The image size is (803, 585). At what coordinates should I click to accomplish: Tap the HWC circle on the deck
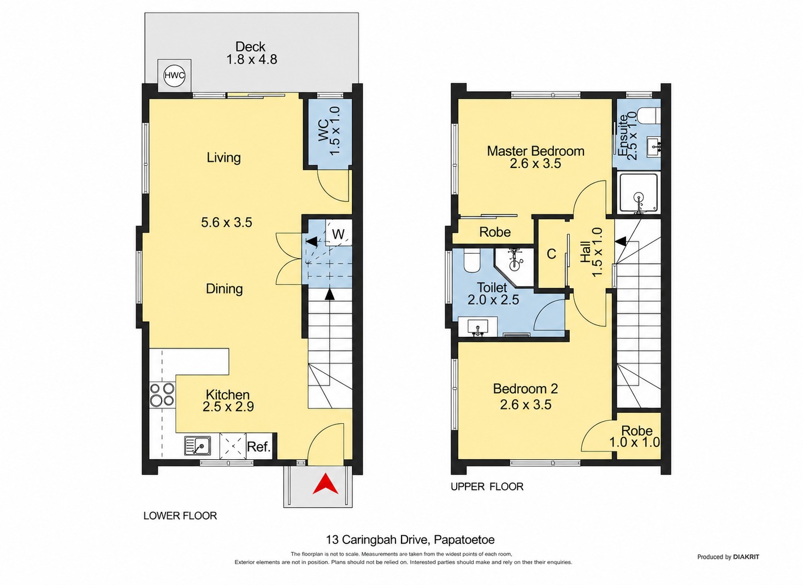tap(175, 76)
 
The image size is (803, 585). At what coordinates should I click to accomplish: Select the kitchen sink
tap(198, 446)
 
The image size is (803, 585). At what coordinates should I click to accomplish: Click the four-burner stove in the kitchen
tap(162, 394)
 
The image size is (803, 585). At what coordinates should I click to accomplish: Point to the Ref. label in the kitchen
tap(259, 447)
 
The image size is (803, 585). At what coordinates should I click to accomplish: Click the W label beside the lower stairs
tap(338, 235)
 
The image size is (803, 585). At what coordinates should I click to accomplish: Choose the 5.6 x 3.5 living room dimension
tap(227, 223)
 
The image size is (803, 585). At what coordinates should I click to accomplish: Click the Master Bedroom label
tap(535, 151)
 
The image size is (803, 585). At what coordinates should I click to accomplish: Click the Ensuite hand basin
tap(654, 147)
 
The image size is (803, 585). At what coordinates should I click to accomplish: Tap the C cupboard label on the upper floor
tap(551, 254)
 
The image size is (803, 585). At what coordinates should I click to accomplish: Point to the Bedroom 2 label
tap(526, 388)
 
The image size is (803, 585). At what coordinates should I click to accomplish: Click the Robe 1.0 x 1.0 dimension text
tap(635, 442)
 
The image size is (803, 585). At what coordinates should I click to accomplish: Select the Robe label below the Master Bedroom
tap(495, 232)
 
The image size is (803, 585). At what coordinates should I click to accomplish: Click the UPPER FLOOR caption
tap(487, 487)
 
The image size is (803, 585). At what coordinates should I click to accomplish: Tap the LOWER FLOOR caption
tap(180, 516)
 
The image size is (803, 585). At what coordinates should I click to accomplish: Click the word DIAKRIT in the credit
tap(746, 557)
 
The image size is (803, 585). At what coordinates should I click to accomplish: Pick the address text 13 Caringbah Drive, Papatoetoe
tap(410, 540)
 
